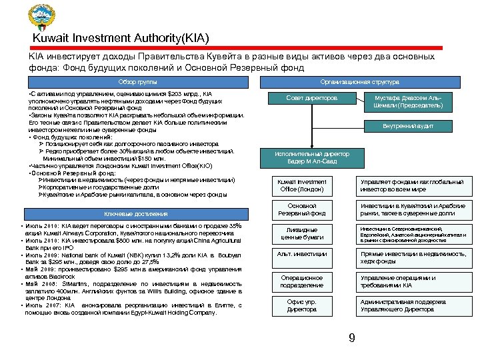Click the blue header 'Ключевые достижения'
pyautogui.click(x=136, y=213)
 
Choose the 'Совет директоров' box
pyautogui.click(x=311, y=98)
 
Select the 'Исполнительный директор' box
pyautogui.click(x=311, y=157)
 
